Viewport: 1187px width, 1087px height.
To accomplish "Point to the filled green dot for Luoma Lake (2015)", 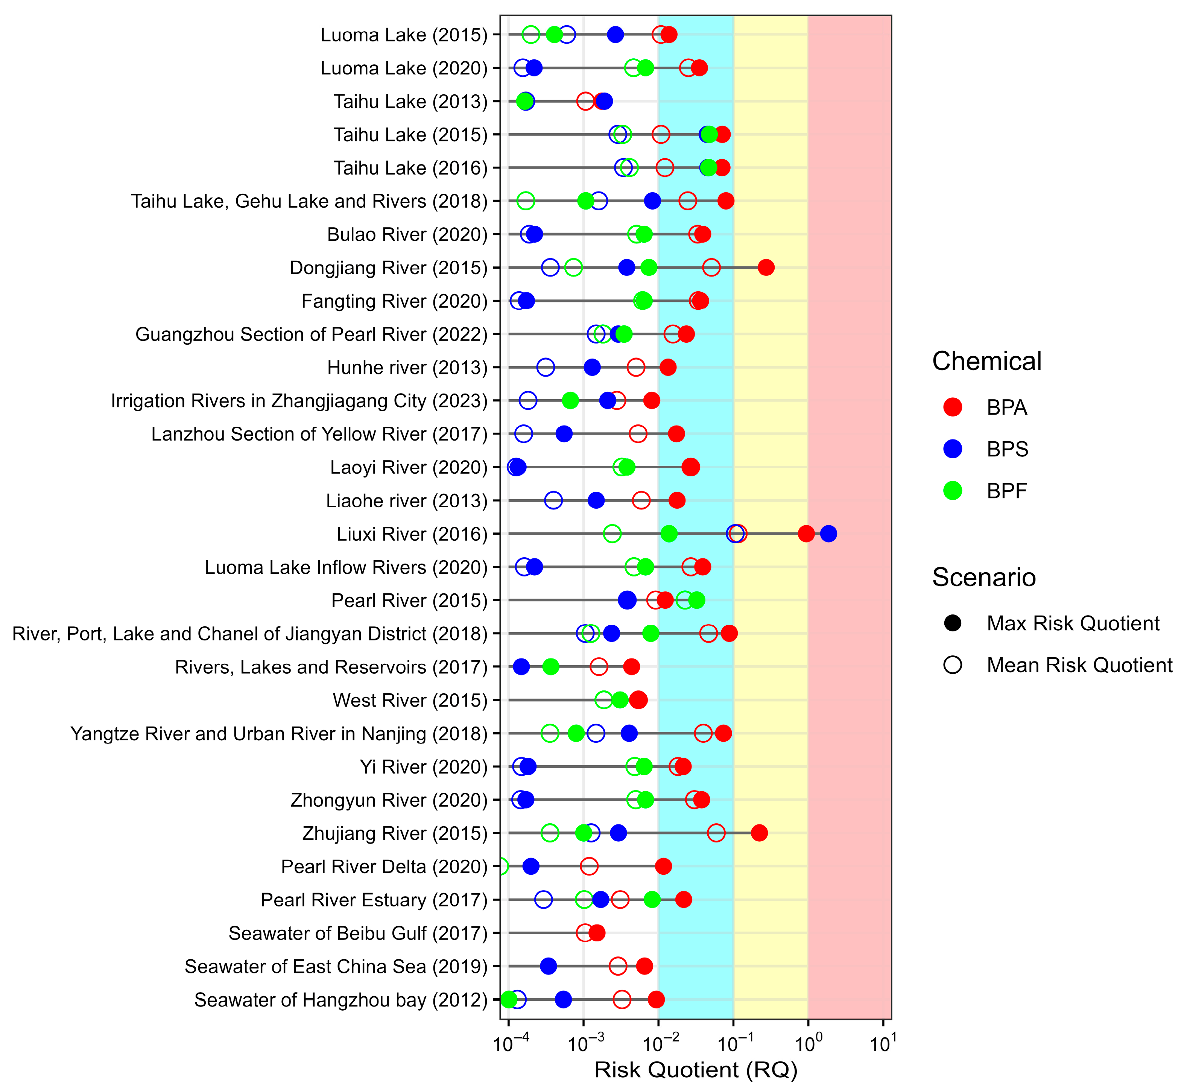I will (554, 35).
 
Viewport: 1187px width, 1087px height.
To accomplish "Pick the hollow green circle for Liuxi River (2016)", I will (612, 534).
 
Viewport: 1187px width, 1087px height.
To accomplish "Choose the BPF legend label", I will (1007, 491).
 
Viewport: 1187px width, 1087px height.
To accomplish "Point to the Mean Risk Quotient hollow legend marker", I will (953, 665).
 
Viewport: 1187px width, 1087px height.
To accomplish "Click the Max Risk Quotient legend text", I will (1073, 623).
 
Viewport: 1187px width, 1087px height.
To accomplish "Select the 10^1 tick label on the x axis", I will (883, 1044).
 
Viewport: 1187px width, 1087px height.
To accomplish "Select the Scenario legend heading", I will (984, 578).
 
